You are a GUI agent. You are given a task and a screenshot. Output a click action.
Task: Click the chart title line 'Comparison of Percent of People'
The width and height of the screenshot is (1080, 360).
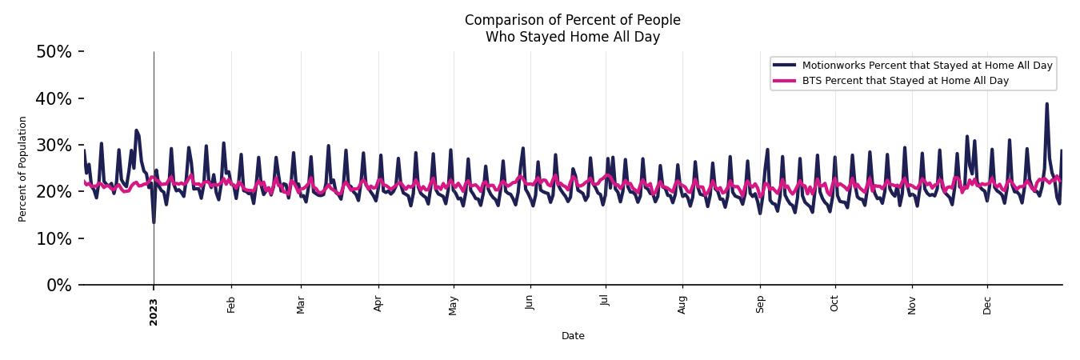(572, 20)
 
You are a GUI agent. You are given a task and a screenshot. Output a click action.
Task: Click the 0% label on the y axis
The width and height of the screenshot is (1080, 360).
(58, 286)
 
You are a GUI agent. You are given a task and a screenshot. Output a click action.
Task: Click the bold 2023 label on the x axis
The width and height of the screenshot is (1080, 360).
(154, 312)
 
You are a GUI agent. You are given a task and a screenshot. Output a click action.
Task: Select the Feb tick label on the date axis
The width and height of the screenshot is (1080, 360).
(231, 304)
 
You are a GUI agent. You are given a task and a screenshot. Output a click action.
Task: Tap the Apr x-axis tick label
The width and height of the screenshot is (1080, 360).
(378, 304)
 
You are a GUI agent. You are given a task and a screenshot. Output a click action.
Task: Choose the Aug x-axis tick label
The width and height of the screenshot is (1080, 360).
(682, 304)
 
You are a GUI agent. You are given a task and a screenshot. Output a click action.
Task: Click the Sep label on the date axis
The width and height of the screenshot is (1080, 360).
(760, 304)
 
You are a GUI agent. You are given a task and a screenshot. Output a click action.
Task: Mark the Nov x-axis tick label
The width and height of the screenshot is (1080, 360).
(912, 304)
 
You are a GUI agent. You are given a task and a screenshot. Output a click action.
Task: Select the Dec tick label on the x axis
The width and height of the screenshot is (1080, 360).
(987, 304)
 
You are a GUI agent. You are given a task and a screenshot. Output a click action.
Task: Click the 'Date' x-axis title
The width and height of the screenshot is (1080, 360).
(573, 336)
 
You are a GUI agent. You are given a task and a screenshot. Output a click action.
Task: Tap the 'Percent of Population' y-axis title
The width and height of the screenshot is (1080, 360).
(23, 169)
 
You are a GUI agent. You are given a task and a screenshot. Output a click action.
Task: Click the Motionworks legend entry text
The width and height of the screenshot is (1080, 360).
(926, 66)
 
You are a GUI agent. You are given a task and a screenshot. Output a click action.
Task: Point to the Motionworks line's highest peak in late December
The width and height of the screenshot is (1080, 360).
(1046, 103)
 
